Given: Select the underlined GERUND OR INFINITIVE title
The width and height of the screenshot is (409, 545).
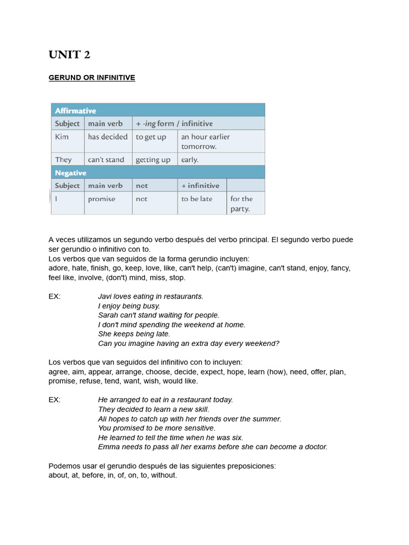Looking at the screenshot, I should point(92,78).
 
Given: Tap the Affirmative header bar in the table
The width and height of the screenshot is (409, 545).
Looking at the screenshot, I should point(158,111).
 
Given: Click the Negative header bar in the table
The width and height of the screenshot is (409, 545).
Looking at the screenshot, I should point(158,173).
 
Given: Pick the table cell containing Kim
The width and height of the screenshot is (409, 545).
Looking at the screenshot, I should point(67,141).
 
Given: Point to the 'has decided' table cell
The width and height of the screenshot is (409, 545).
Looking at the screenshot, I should point(108,137).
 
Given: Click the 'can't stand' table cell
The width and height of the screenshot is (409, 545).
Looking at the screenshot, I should point(107,160).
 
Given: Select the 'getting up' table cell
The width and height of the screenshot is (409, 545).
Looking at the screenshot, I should point(153,160).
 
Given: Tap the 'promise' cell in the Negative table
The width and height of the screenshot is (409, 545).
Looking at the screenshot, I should point(101,199).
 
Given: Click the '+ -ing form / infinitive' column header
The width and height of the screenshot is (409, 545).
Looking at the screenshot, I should point(174,123).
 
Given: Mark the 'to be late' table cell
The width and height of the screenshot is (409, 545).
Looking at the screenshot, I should point(197,199).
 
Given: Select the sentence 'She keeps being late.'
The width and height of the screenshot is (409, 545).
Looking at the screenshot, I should point(134,334).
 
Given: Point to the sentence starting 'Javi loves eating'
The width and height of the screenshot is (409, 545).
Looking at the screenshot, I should point(151,296).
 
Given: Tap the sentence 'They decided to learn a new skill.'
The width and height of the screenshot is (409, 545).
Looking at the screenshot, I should point(153,409).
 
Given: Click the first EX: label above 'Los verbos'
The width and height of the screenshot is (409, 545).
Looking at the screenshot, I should point(54,296).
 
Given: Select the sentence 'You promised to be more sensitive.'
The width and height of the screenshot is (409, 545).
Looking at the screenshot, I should point(157,428).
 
